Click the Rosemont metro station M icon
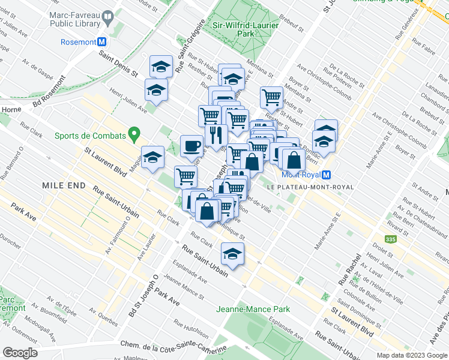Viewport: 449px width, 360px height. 102,42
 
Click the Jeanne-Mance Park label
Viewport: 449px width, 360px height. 253,310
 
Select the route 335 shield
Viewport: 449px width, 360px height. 391,239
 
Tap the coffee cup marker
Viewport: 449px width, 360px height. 192,146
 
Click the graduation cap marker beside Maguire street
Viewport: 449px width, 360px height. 153,157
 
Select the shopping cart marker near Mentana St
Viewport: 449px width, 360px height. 272,97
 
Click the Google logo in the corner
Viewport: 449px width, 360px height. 19,353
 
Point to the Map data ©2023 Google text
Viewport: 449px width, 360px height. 411,355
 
